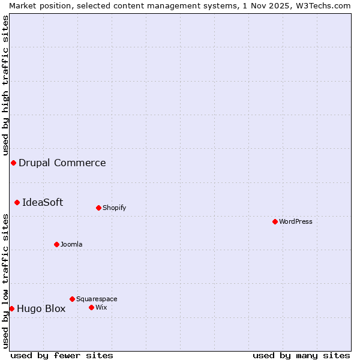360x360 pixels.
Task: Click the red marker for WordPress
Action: (275, 221)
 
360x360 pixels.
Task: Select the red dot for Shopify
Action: (98, 208)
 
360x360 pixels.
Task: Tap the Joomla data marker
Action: (56, 244)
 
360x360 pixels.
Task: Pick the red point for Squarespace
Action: (72, 299)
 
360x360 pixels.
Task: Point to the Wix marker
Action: (91, 307)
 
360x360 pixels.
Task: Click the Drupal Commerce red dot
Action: (13, 163)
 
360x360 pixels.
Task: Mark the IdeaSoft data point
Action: (17, 202)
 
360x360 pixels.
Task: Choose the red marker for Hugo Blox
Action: (11, 308)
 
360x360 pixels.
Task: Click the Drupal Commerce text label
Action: (62, 163)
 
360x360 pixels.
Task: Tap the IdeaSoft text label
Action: (43, 202)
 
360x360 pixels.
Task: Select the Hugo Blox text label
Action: (41, 309)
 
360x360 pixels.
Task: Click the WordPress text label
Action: (296, 221)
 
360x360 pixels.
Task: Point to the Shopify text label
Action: (115, 208)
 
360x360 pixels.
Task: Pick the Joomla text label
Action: (71, 244)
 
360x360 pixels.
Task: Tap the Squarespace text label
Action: (97, 299)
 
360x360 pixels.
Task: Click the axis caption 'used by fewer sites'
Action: (62, 355)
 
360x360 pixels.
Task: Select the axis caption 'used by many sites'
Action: (301, 355)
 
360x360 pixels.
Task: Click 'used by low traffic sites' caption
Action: (5, 281)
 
